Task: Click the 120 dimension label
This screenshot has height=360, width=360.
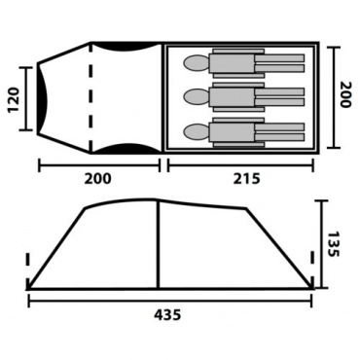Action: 14,99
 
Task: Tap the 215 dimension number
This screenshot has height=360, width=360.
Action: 246,179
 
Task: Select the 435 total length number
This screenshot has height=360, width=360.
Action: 167,314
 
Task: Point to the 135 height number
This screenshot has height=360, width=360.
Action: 333,244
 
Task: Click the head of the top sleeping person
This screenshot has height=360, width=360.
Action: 196,62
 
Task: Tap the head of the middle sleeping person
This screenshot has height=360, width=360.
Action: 196,96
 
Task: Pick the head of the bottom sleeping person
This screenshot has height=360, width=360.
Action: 196,131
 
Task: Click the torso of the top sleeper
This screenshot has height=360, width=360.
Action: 232,63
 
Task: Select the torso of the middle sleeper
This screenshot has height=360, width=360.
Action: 232,97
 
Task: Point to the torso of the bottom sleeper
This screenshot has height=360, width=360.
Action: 232,132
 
